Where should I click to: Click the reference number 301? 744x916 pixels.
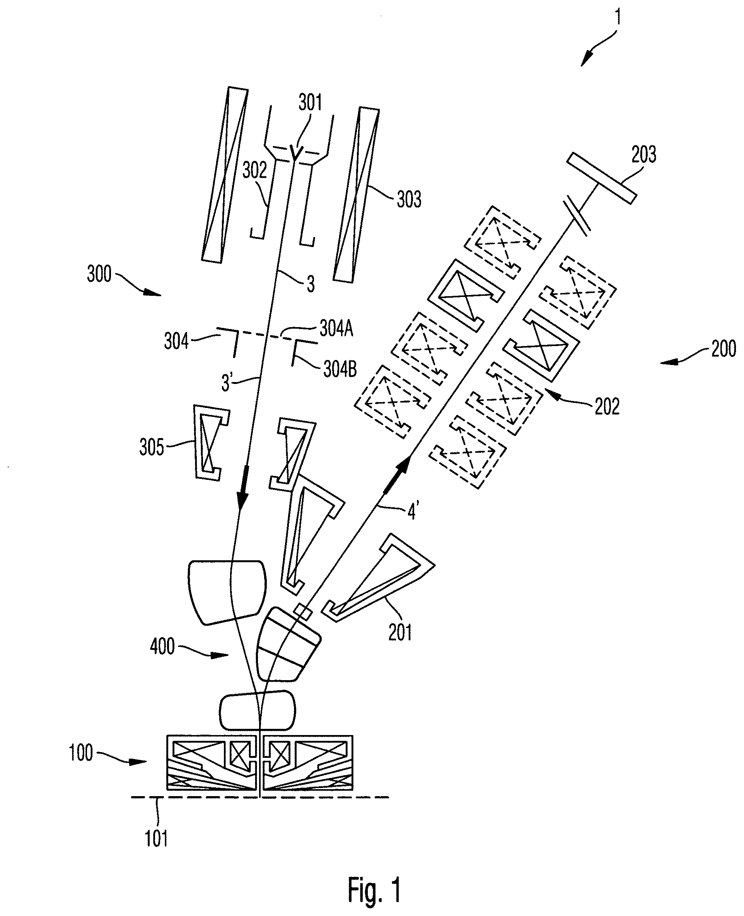tap(310, 103)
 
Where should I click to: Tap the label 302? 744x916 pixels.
tap(254, 171)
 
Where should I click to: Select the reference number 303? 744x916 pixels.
tap(409, 199)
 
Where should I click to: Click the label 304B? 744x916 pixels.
tap(340, 369)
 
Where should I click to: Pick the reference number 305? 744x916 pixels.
tap(152, 448)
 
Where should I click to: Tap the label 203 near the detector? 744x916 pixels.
tap(644, 155)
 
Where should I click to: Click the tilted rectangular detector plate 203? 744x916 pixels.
tap(601, 179)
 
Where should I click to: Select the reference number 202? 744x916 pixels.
tap(607, 406)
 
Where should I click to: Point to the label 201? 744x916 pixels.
tap(400, 632)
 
